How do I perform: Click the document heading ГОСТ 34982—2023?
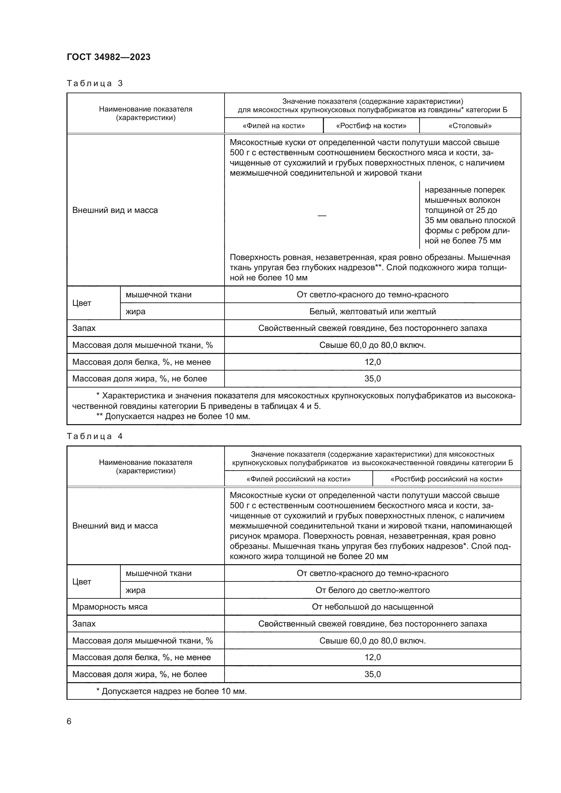(x=109, y=57)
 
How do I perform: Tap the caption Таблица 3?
(x=95, y=83)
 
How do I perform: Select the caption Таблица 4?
(x=95, y=436)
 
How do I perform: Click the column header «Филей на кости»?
(x=274, y=126)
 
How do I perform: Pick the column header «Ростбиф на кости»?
(x=371, y=126)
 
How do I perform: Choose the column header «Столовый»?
(x=470, y=126)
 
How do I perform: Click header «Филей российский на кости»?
(x=298, y=479)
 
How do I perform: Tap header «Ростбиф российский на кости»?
(x=446, y=479)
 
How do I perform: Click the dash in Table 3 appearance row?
(x=322, y=216)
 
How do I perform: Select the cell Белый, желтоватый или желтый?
(x=372, y=312)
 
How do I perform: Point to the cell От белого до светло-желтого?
(x=372, y=590)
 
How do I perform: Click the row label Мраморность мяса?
(x=110, y=607)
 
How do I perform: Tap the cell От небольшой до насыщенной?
(x=372, y=607)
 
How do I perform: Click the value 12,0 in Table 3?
(x=372, y=362)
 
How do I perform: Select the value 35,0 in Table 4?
(x=372, y=674)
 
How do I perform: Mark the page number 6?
(x=69, y=721)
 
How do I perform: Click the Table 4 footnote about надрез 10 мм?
(x=171, y=691)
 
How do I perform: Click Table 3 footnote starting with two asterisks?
(x=173, y=416)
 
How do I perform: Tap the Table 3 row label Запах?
(x=84, y=328)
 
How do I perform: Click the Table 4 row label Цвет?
(x=82, y=582)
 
